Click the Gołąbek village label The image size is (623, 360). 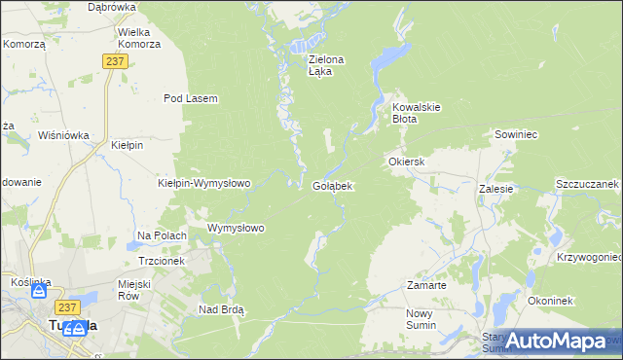click(332, 185)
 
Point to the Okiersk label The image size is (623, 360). click(407, 161)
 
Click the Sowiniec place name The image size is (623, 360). click(516, 133)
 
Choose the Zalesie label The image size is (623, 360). click(495, 190)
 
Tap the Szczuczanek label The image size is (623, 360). click(587, 184)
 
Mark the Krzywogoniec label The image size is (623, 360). click(590, 257)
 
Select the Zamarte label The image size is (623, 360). click(426, 286)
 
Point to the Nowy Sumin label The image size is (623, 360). click(424, 319)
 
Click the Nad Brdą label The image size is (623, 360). click(221, 309)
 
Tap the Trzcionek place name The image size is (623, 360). click(162, 261)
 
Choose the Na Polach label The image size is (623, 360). click(162, 235)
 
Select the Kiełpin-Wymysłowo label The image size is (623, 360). click(204, 182)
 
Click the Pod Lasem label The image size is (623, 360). click(190, 98)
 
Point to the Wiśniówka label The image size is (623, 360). click(63, 135)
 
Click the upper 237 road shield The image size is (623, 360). click(115, 60)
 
